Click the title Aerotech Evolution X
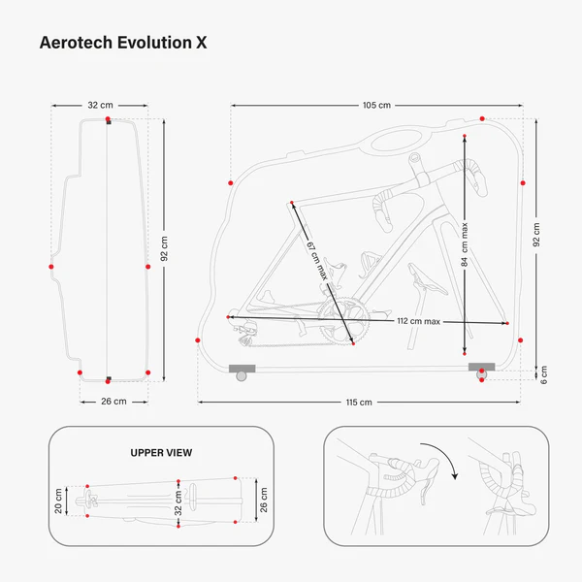122,43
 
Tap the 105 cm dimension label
376,105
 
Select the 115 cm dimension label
359,402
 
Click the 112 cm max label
419,321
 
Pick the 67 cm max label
314,259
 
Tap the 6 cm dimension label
544,373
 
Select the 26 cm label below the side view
113,401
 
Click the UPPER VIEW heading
161,452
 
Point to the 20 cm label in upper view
58,501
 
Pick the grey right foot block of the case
481,368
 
